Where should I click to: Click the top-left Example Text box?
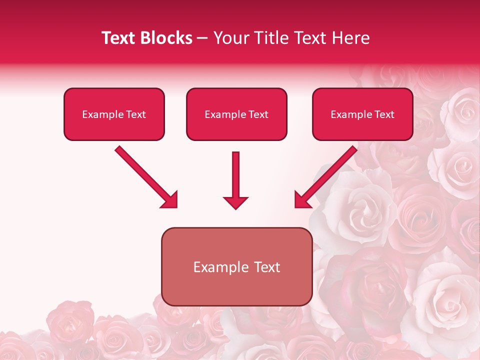[x=114, y=114]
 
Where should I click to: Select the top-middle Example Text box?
[x=236, y=114]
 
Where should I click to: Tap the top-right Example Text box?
[x=362, y=114]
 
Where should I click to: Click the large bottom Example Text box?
[x=236, y=266]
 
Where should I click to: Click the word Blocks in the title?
[x=165, y=38]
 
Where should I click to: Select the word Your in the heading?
[x=230, y=38]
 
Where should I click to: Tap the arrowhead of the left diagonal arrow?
[x=170, y=200]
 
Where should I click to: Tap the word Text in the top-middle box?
[x=258, y=114]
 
